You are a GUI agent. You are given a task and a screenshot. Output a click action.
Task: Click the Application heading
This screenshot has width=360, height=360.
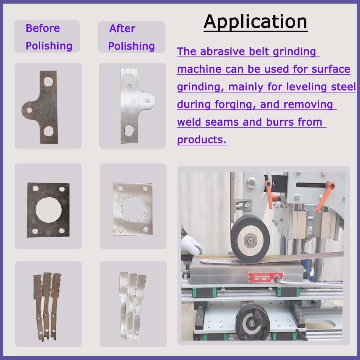(255, 22)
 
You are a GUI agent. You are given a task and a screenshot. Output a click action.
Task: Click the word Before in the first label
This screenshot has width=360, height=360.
(43, 28)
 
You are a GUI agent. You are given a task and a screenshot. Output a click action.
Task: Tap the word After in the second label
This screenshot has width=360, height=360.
(122, 28)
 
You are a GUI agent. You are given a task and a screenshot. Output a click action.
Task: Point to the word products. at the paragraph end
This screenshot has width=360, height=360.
(202, 140)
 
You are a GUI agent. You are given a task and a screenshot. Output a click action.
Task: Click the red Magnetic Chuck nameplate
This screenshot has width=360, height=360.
(266, 277)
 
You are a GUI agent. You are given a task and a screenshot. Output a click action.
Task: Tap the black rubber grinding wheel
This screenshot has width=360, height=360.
(250, 239)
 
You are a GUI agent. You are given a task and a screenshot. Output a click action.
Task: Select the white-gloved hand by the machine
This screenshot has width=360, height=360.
(191, 245)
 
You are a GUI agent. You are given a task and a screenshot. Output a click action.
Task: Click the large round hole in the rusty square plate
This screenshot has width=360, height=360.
(49, 210)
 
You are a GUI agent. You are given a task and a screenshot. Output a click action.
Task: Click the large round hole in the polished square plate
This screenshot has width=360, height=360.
(133, 209)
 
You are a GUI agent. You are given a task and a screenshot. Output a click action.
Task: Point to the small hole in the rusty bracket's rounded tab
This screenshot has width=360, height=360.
(30, 110)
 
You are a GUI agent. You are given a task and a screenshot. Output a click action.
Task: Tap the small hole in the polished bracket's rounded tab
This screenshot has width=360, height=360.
(147, 100)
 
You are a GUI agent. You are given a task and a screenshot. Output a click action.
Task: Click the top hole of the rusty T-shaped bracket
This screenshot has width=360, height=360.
(48, 81)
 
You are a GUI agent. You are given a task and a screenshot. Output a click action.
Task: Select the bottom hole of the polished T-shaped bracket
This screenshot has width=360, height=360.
(129, 130)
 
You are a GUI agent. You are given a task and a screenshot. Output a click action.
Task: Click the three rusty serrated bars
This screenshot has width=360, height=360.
(47, 306)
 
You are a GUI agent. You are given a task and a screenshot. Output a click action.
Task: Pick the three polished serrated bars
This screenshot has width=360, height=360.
(132, 306)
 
